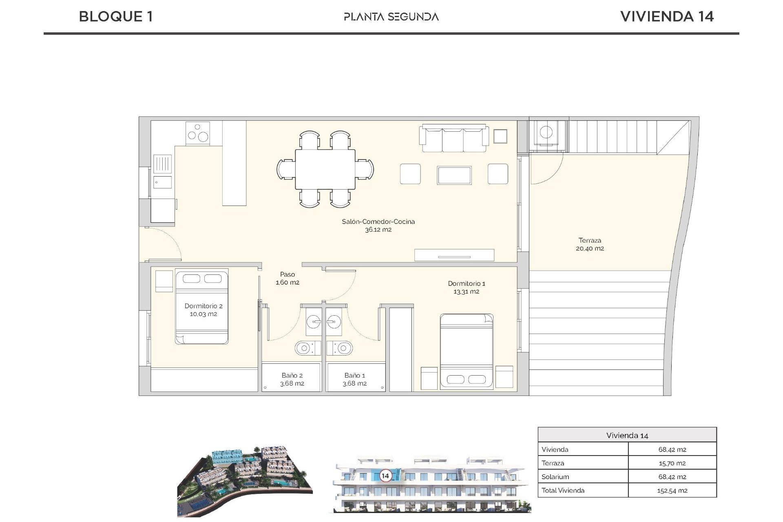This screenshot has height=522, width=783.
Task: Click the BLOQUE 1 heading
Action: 116,17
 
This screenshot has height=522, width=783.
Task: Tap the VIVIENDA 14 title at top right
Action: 667,17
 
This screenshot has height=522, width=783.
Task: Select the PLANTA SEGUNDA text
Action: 391,17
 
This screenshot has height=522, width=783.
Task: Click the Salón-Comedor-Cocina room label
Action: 378,221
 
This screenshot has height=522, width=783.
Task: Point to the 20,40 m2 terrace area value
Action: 590,248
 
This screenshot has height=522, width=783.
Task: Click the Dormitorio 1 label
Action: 466,283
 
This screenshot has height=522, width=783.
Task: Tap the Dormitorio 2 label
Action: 203,306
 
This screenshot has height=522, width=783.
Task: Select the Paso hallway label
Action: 287,274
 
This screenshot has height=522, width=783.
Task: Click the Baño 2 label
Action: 292,375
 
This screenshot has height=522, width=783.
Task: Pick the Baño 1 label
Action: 354,375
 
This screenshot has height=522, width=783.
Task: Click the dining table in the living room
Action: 325,169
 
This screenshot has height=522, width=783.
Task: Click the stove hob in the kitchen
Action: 198,133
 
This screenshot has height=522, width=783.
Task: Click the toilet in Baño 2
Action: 304,348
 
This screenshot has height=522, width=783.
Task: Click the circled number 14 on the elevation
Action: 385,476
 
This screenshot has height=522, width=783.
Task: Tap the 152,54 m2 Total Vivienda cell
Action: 672,491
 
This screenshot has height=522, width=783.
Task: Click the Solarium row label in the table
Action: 555,477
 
